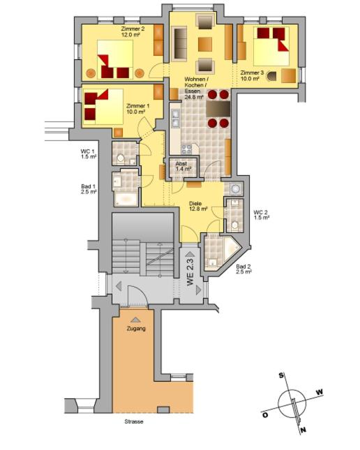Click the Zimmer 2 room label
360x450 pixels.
click(x=133, y=31)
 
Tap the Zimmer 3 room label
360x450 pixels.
click(x=252, y=75)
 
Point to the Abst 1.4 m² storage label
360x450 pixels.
click(x=183, y=166)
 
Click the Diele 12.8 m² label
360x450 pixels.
click(x=198, y=207)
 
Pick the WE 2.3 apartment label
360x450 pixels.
click(x=190, y=271)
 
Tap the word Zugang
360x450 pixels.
click(x=136, y=329)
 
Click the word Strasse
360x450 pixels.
click(x=134, y=421)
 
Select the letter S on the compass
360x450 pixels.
click(x=281, y=375)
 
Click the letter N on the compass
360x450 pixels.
click(x=303, y=430)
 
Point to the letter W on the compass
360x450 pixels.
click(x=320, y=391)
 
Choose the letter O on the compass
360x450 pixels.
click(x=265, y=414)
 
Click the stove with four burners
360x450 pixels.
click(x=186, y=149)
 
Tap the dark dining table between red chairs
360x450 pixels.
click(x=218, y=109)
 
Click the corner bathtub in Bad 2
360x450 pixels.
click(x=231, y=249)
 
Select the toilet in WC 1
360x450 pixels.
click(x=120, y=158)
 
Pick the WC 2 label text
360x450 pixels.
click(x=261, y=215)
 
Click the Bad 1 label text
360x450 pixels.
click(x=89, y=189)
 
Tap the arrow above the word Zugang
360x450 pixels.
click(x=135, y=320)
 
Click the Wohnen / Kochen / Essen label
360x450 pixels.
click(x=195, y=88)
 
